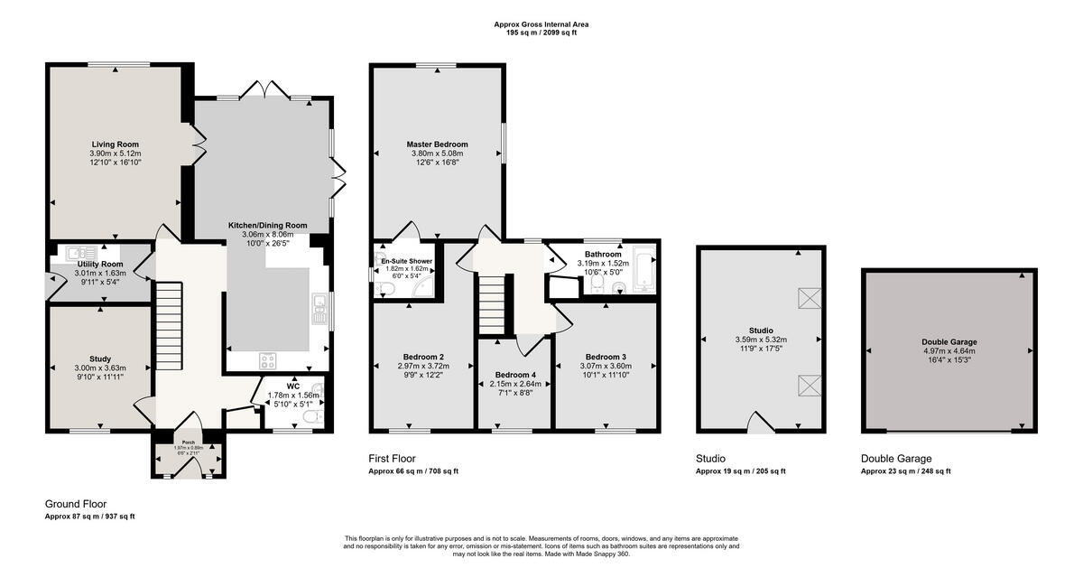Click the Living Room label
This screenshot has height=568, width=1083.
click(115, 144)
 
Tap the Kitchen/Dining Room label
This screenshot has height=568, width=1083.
click(268, 225)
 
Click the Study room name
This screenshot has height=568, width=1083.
click(100, 358)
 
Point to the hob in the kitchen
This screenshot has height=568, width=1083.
click(268, 359)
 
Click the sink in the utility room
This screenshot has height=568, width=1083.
click(72, 253)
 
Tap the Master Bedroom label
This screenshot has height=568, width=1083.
click(437, 144)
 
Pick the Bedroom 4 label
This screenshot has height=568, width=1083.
click(514, 375)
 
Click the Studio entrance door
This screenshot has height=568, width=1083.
click(761, 423)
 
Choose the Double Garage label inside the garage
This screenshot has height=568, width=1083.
click(949, 342)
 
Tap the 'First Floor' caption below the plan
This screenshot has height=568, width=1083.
click(392, 459)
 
